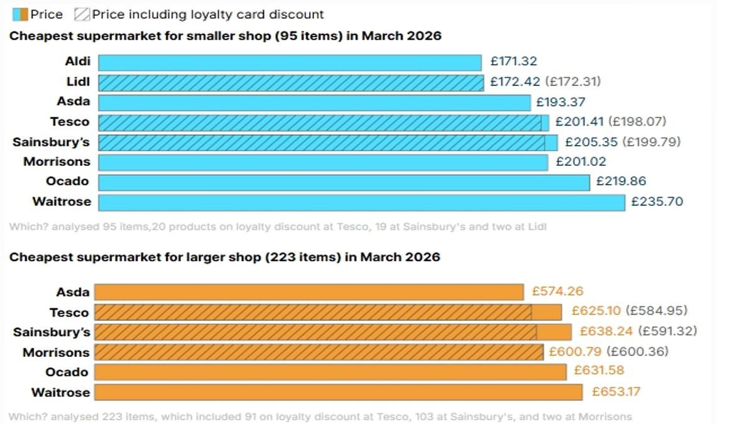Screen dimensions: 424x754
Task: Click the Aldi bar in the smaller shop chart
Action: [x=290, y=62]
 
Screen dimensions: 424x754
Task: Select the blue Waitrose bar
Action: [x=361, y=202]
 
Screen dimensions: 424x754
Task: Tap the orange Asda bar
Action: [x=309, y=292]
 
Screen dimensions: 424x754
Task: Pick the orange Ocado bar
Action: [x=330, y=372]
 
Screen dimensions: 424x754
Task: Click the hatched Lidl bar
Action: [x=291, y=82]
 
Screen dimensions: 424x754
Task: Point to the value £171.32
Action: [x=514, y=62]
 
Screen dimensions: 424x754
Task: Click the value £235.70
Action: [x=657, y=202]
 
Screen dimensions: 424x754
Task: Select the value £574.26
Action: [x=557, y=291]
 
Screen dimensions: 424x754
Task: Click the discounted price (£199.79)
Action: [x=652, y=142]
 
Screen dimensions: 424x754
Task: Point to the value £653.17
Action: [x=616, y=392]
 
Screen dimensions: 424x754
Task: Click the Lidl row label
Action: [x=78, y=82]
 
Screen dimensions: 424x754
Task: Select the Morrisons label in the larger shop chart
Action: [x=56, y=352]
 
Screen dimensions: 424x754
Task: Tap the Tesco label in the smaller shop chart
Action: [x=70, y=122]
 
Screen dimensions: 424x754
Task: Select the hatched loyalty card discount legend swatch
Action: [x=82, y=14]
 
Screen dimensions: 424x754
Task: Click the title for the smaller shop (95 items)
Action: [x=225, y=36]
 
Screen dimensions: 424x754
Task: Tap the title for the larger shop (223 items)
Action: [x=224, y=257]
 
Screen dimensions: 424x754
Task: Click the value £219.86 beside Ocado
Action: [x=621, y=182]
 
